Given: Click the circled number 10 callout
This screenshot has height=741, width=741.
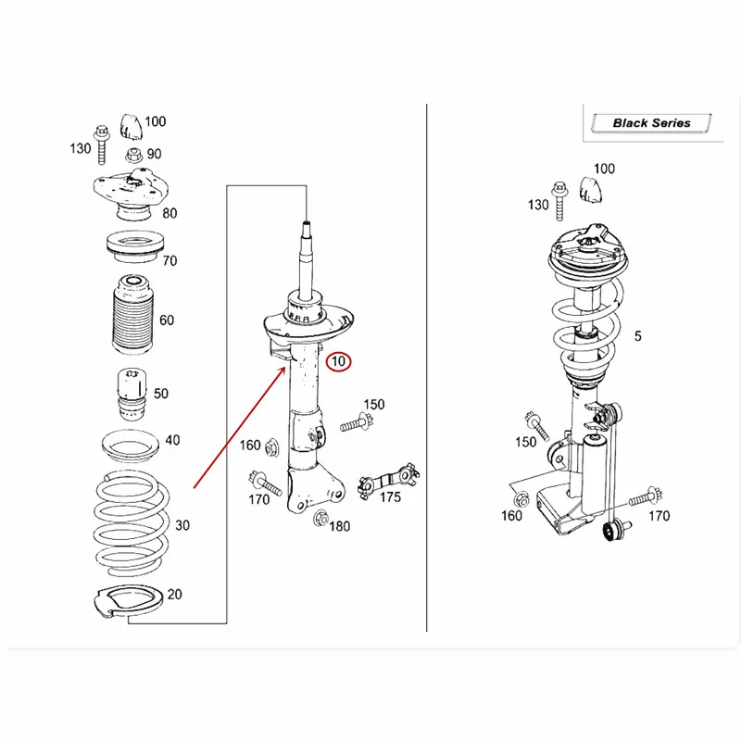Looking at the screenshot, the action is [x=338, y=361].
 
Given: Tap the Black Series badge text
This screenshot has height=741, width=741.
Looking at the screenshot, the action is [x=651, y=123].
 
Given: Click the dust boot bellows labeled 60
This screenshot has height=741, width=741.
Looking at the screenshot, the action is [x=132, y=315].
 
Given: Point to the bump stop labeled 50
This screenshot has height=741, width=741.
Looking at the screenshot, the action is [x=132, y=394].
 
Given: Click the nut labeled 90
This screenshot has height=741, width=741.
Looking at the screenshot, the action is [x=134, y=155].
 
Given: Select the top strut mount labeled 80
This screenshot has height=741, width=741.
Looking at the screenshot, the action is [x=131, y=195].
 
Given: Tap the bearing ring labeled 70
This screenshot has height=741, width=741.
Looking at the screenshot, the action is [x=134, y=246].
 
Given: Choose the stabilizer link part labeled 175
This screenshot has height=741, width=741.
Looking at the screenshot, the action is [x=388, y=480].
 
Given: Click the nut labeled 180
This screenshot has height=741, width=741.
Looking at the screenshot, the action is [x=320, y=519].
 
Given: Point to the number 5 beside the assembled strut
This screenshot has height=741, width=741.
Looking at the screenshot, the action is [x=637, y=336].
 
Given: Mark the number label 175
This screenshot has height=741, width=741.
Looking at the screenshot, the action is [x=390, y=497].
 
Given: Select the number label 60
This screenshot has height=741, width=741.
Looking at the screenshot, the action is [x=167, y=320].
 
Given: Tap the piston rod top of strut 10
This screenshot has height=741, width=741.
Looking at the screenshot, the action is [x=307, y=224].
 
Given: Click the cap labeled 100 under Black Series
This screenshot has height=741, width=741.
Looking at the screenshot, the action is [x=591, y=190].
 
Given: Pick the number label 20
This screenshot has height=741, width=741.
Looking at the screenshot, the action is [x=174, y=594].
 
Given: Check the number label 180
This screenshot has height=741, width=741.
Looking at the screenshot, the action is [x=339, y=526].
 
